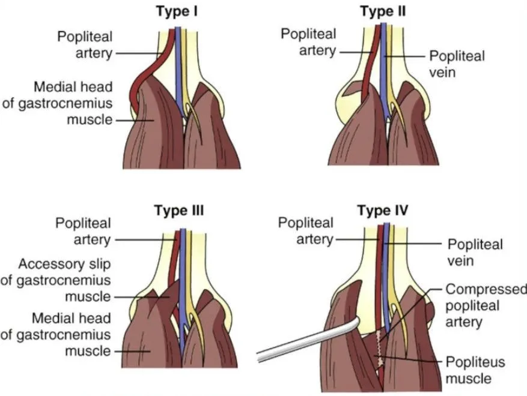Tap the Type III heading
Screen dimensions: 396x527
point(179,211)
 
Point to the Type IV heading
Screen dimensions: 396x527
point(383,211)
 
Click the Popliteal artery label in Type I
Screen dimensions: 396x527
point(85,44)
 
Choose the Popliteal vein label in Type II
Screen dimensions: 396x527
point(457,64)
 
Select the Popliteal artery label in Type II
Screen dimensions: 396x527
point(308,43)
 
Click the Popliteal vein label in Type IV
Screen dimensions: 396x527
point(475,253)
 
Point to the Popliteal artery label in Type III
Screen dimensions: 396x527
point(84,231)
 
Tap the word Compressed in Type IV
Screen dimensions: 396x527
point(482,290)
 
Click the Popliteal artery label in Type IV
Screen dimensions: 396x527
point(305,231)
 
